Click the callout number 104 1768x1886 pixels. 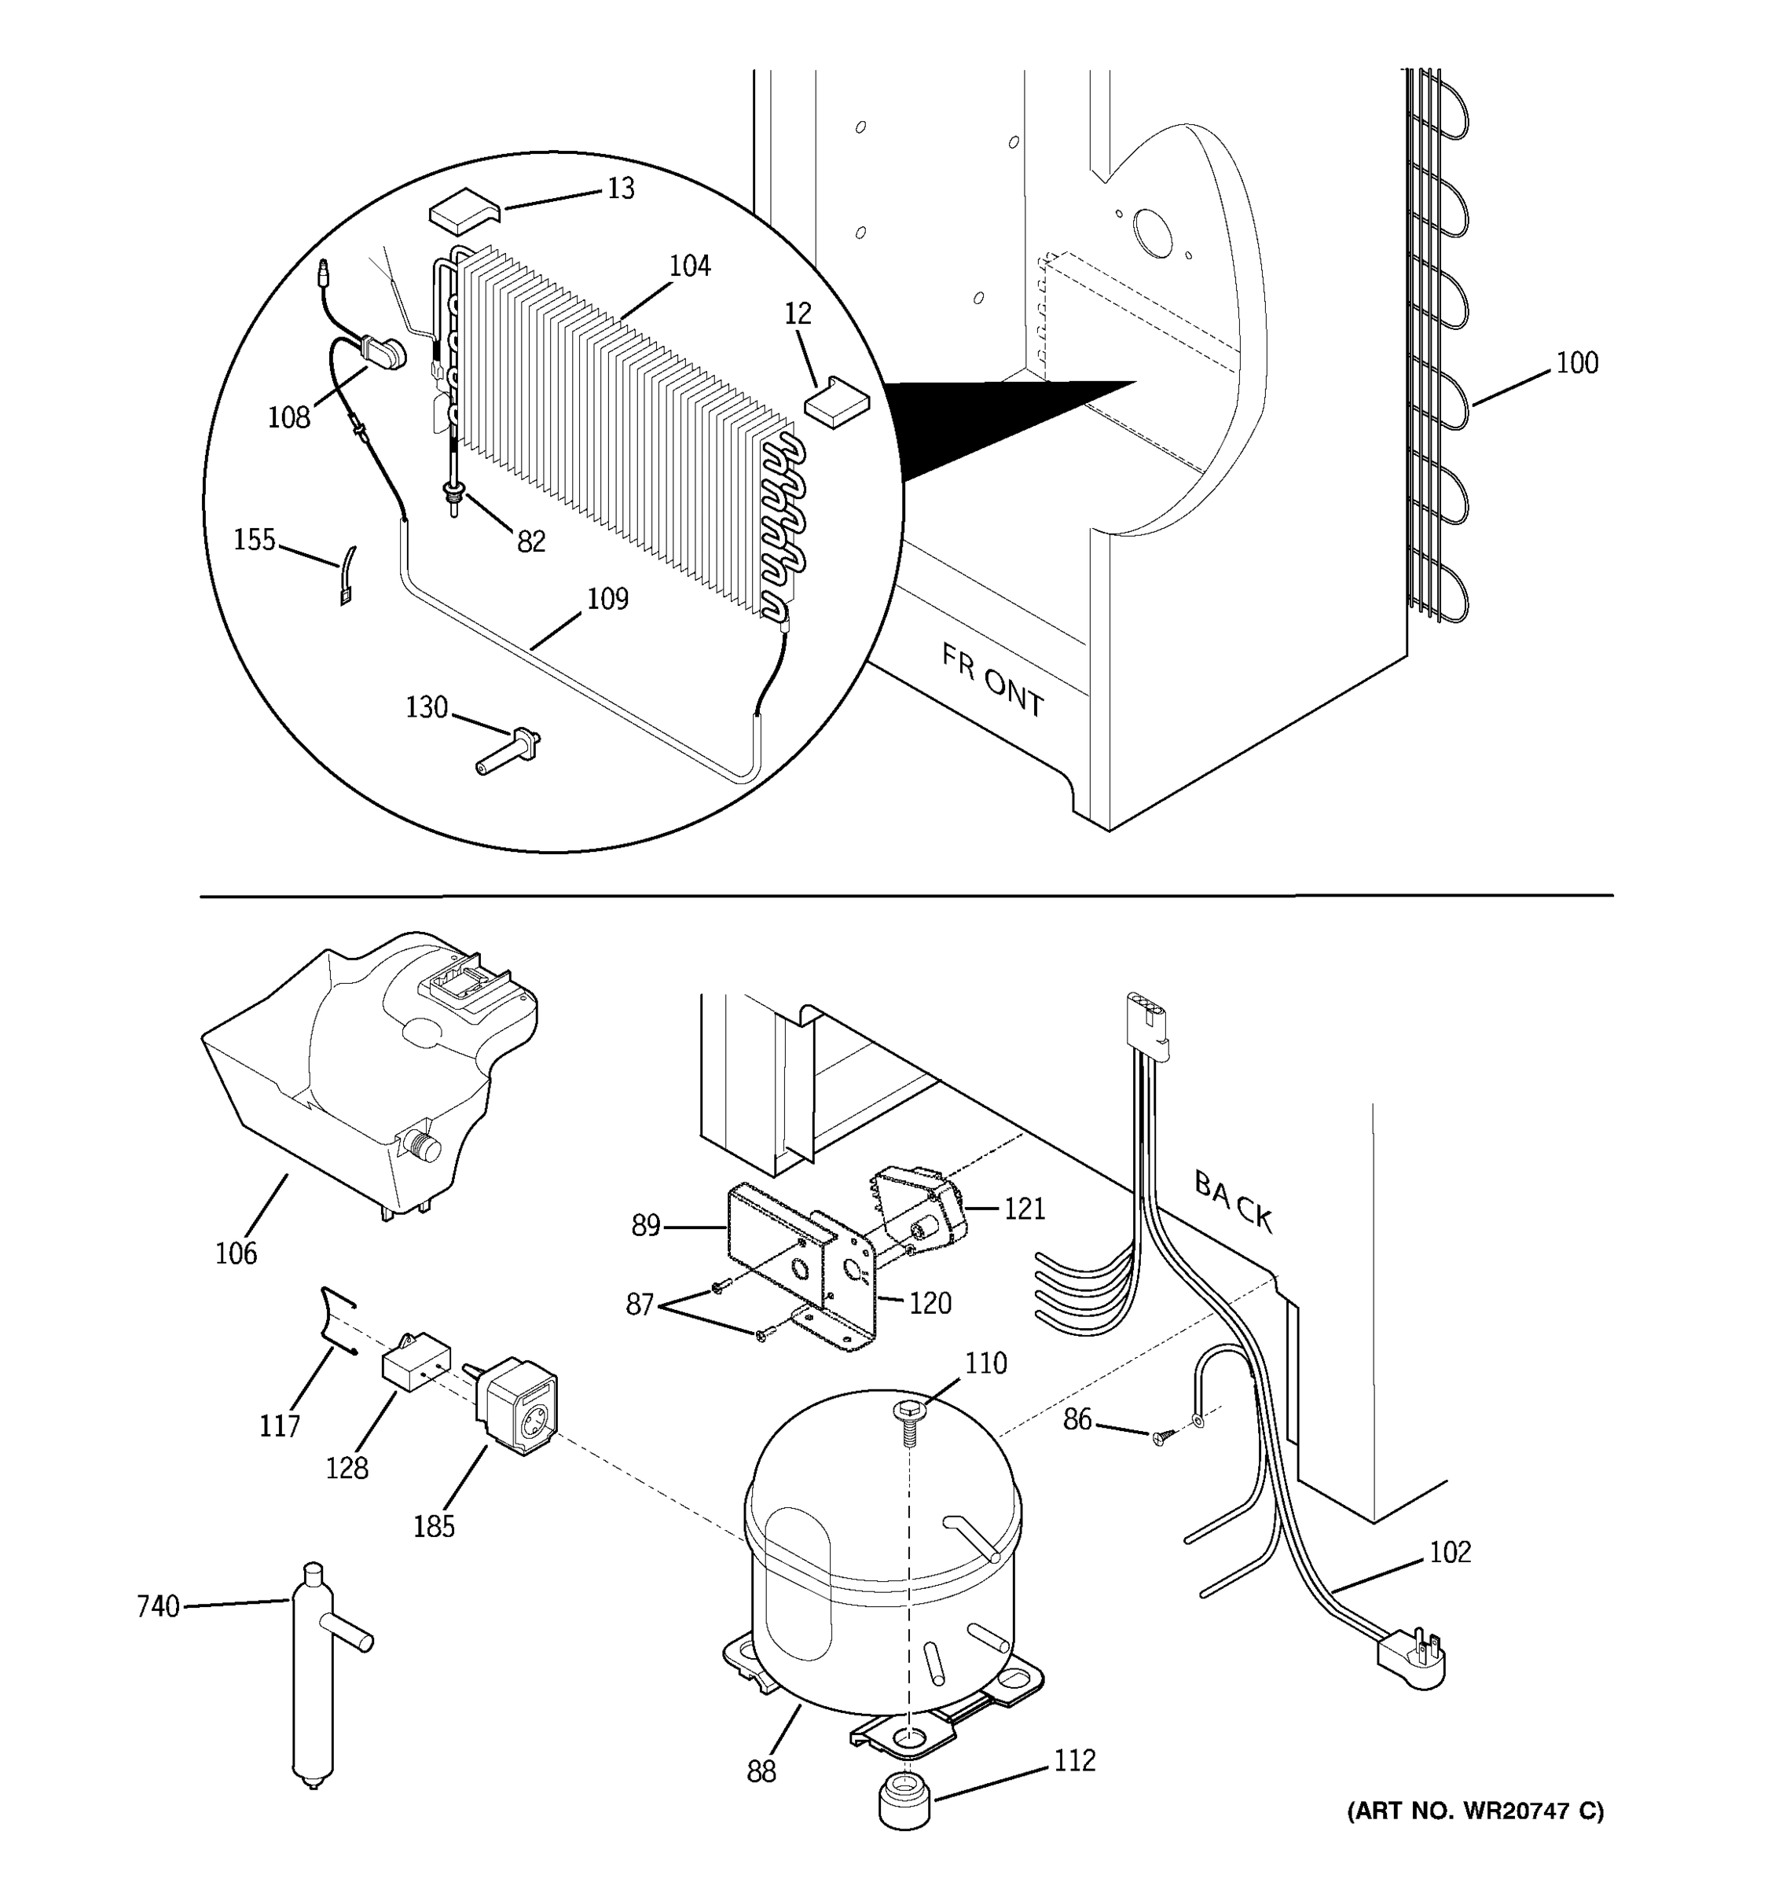[x=690, y=266]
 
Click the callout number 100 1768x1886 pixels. [x=1576, y=363]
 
